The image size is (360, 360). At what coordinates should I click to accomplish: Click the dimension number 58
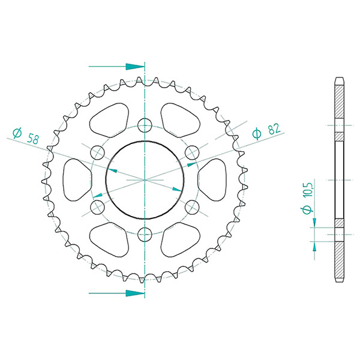[x=33, y=139]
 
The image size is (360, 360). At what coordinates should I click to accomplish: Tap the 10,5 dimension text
[x=307, y=190]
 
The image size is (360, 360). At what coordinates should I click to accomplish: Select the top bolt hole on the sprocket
[x=145, y=125]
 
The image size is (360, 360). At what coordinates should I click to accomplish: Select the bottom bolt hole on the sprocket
[x=145, y=235]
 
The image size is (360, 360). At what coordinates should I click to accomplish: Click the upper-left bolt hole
[x=98, y=152]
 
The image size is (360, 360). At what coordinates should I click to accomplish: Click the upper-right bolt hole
[x=192, y=152]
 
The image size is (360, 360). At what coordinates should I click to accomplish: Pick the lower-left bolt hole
[x=98, y=208]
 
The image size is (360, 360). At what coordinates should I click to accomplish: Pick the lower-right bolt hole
[x=192, y=208]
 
